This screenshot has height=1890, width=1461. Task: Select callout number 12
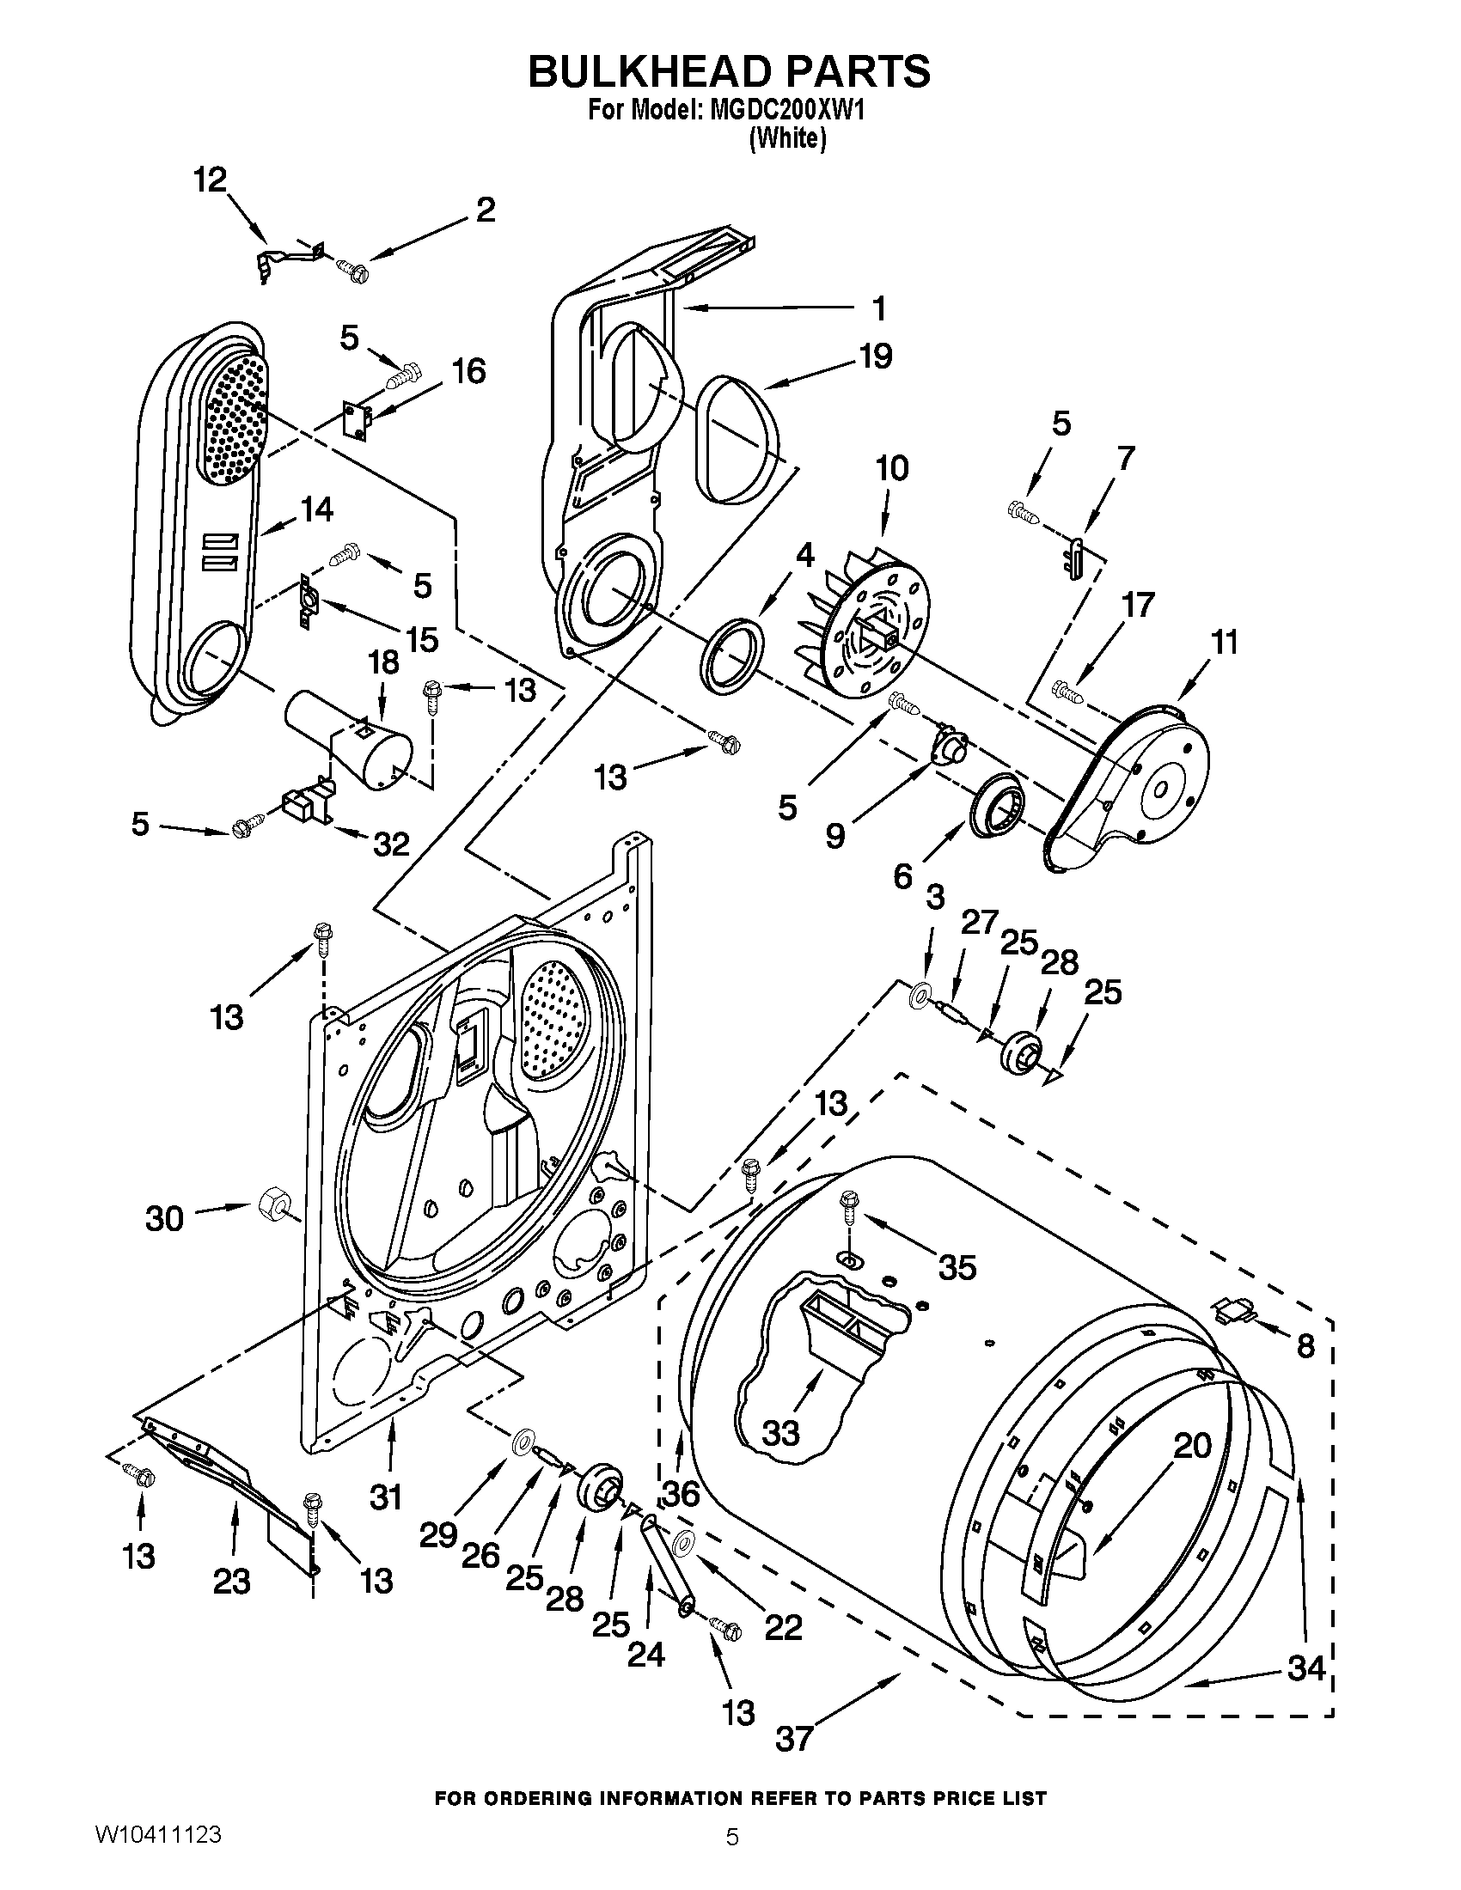209,180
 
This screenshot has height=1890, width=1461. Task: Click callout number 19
876,356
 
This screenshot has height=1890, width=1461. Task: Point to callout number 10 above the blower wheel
892,468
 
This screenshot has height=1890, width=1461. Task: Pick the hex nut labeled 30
274,1203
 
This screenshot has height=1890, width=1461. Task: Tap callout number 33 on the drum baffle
780,1434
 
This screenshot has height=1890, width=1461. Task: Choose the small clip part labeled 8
1234,1311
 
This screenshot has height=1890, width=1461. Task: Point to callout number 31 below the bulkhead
386,1496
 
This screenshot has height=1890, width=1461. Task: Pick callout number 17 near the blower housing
1137,605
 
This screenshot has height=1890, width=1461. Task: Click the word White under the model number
787,138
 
